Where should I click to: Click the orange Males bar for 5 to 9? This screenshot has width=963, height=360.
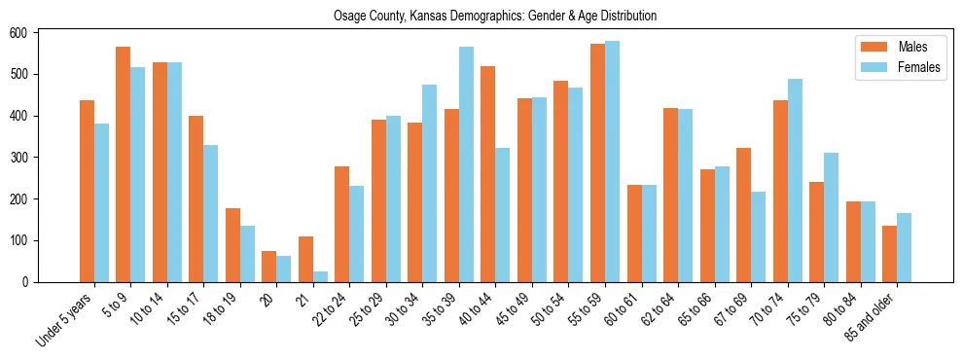[124, 164]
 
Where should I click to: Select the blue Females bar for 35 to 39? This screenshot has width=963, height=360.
[466, 164]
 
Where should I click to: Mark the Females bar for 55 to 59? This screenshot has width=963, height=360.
[612, 162]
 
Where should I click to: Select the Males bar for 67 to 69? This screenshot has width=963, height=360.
[743, 215]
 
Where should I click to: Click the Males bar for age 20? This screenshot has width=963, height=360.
[269, 267]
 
